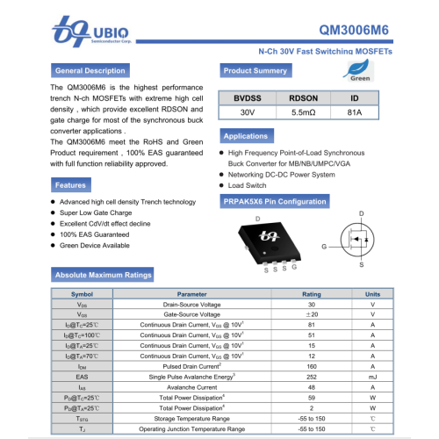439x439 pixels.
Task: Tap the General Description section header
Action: [90, 70]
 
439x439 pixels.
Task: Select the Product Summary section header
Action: [255, 70]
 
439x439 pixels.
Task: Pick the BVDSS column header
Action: [248, 98]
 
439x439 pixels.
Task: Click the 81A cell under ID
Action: [354, 113]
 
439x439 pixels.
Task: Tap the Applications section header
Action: [246, 136]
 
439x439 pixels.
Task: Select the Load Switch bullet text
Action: [248, 186]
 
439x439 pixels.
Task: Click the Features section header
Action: [71, 185]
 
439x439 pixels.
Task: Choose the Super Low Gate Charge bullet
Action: [96, 213]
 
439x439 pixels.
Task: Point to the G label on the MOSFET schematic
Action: [324, 248]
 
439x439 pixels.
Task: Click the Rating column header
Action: [312, 294]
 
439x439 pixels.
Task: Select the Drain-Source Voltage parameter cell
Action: [191, 304]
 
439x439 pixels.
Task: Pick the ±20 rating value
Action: [312, 313]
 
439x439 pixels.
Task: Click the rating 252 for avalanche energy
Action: [312, 376]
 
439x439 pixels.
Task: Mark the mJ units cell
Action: [373, 376]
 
